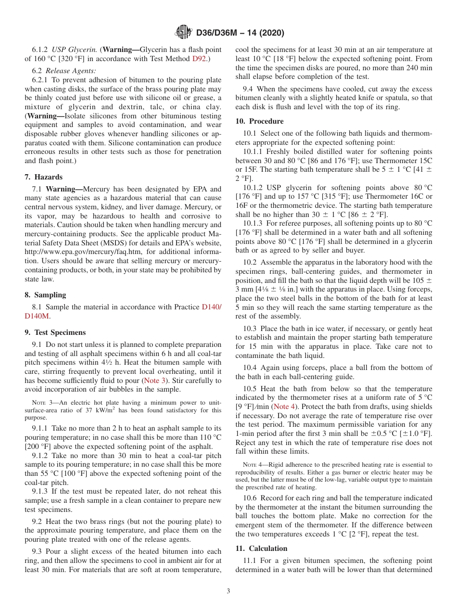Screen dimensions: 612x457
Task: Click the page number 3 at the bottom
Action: tap(228, 591)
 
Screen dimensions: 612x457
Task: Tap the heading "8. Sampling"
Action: tap(45, 295)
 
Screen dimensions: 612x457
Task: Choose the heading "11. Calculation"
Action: tap(261, 548)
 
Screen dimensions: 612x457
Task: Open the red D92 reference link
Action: tap(199, 59)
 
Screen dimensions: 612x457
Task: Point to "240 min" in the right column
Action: tap(419, 68)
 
